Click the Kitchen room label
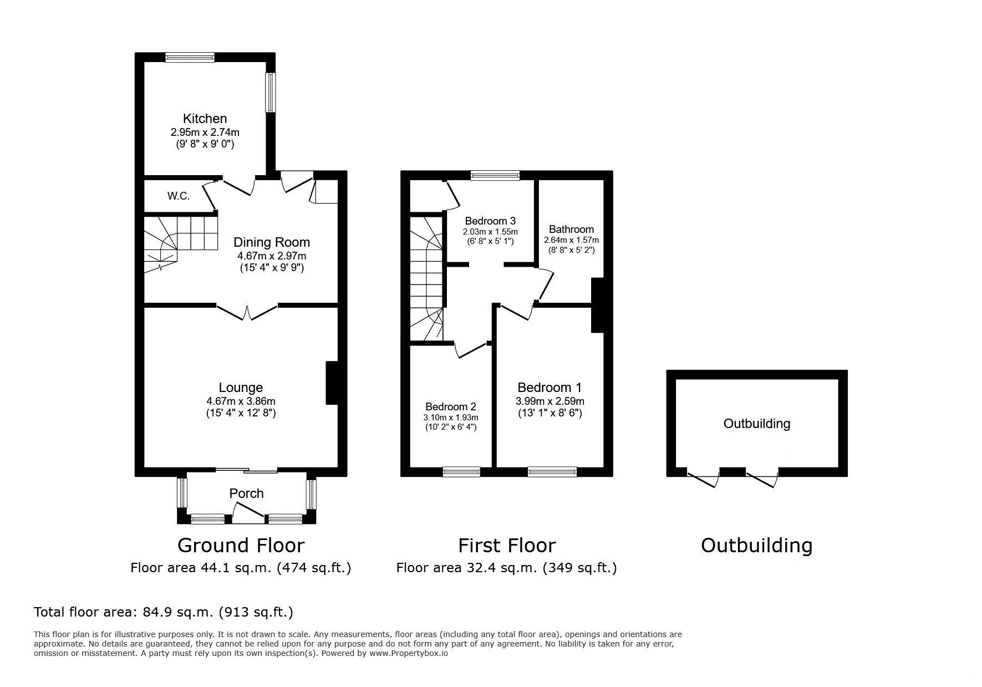pyautogui.click(x=205, y=119)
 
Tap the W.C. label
pyautogui.click(x=179, y=196)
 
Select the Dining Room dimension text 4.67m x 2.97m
pyautogui.click(x=272, y=256)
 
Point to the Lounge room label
pyautogui.click(x=241, y=388)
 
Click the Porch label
pyautogui.click(x=247, y=493)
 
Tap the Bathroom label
pyautogui.click(x=571, y=229)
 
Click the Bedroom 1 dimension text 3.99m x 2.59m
pyautogui.click(x=550, y=401)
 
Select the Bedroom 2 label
pyautogui.click(x=451, y=406)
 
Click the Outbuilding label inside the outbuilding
pyautogui.click(x=757, y=424)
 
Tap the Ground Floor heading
pyautogui.click(x=241, y=546)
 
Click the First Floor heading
pyautogui.click(x=507, y=546)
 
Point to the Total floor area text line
pyautogui.click(x=164, y=612)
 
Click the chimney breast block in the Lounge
pyautogui.click(x=332, y=383)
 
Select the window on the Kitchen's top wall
pyautogui.click(x=190, y=57)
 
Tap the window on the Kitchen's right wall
pyautogui.click(x=270, y=93)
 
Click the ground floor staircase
pyautogui.click(x=181, y=244)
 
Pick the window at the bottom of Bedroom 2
pyautogui.click(x=461, y=472)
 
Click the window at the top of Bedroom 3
pyautogui.click(x=495, y=175)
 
